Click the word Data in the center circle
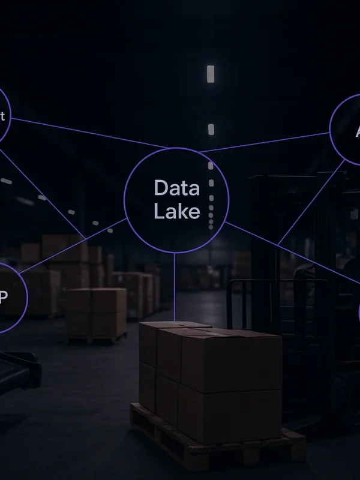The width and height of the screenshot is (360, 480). click(176, 188)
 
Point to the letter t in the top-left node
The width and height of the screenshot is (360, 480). click(2, 116)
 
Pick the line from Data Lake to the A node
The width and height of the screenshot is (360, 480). click(270, 141)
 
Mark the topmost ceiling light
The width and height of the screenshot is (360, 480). click(211, 74)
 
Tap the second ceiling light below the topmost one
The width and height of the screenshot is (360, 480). click(211, 129)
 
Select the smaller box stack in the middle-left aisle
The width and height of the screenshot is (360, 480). click(96, 312)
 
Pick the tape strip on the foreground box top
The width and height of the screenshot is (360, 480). click(198, 330)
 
